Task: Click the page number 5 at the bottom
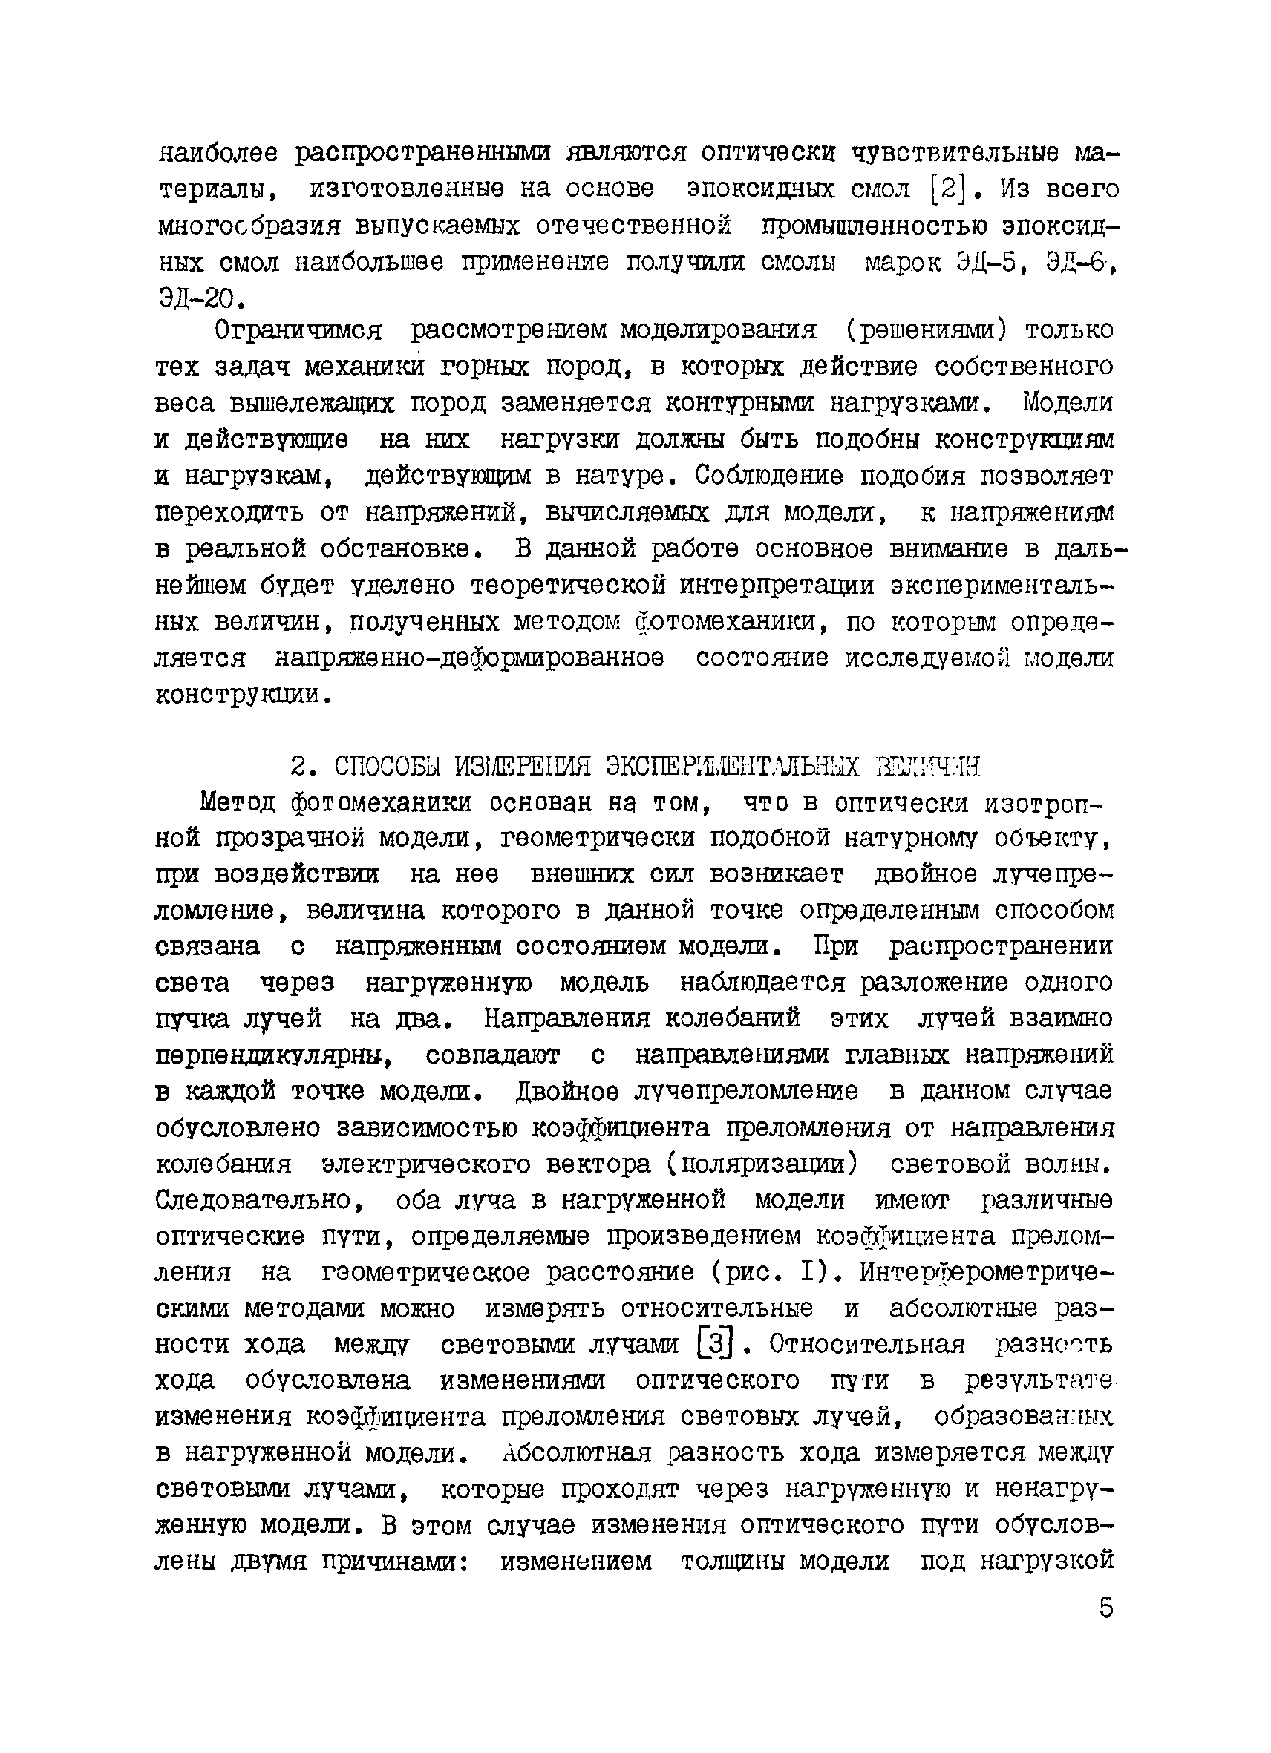[x=1105, y=1608]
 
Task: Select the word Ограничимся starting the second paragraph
[x=298, y=331]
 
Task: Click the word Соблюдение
[x=769, y=476]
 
